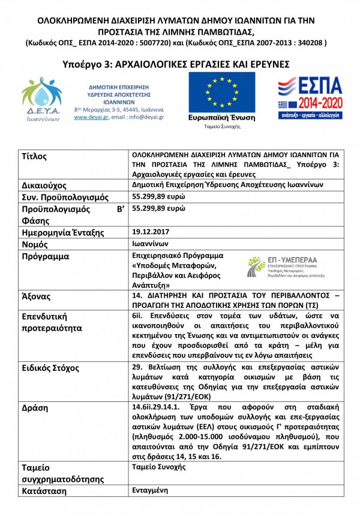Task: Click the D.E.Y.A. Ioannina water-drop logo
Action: [41, 98]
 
